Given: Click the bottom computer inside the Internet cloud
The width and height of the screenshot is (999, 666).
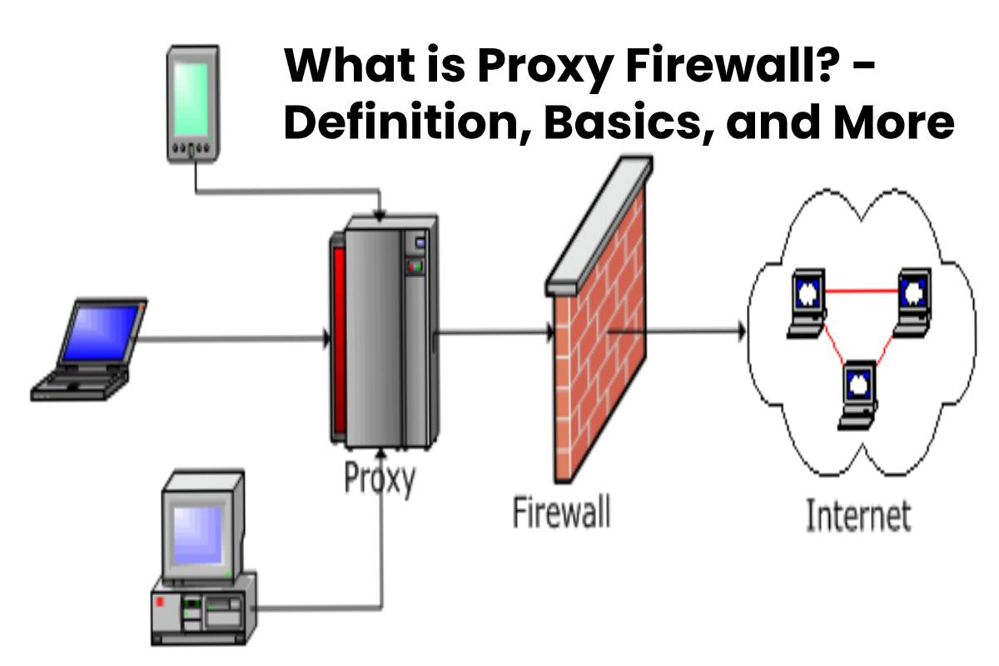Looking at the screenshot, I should click(857, 392).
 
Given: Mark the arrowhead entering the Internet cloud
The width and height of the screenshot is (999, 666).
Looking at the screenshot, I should click(740, 331).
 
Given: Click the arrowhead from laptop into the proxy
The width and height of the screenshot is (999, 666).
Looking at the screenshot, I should click(326, 339).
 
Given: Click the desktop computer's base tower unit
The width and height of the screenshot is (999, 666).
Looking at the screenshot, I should click(204, 612).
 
